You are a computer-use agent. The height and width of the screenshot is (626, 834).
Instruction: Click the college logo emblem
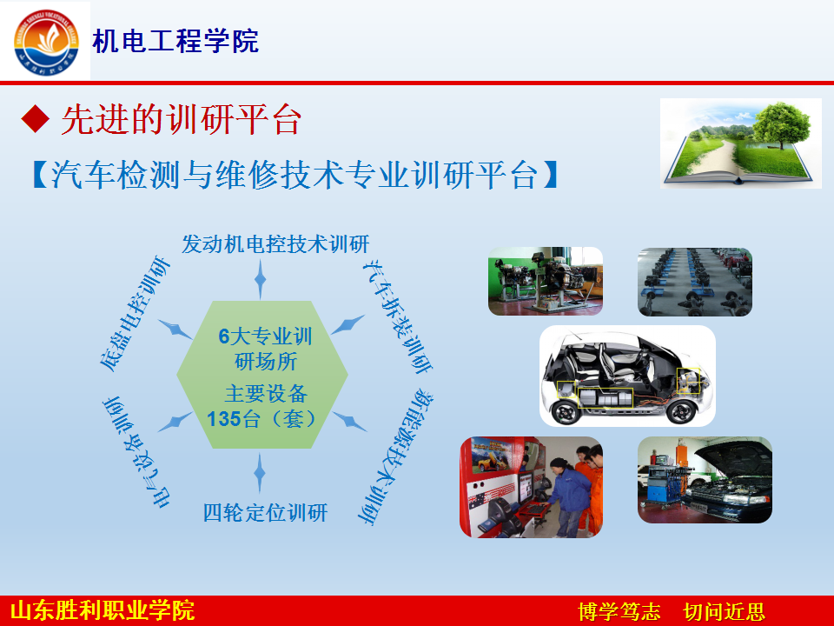click(46, 42)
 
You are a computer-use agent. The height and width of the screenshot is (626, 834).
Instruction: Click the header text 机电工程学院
click(175, 42)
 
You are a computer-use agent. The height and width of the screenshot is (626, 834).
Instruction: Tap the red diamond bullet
click(36, 118)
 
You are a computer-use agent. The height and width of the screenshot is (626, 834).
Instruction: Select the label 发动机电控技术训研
click(275, 244)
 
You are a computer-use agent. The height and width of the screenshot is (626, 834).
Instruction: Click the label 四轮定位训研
click(266, 513)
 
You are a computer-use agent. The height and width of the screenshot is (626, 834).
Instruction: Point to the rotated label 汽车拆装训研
click(398, 316)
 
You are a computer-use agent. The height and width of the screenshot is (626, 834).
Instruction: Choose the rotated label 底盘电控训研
click(136, 313)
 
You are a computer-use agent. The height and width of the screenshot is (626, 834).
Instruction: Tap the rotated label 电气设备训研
click(136, 452)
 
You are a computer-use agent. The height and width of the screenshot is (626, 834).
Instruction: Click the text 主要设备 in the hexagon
click(266, 394)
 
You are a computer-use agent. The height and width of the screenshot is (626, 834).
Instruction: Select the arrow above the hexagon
click(260, 279)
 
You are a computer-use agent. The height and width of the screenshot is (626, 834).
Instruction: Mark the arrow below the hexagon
click(260, 472)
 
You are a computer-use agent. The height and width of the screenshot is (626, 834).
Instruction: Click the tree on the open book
click(781, 123)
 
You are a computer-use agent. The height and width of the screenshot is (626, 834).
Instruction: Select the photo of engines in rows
click(695, 282)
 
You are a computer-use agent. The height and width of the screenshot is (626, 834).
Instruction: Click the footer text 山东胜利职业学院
click(103, 610)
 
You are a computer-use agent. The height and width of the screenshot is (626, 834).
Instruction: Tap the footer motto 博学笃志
click(619, 611)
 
